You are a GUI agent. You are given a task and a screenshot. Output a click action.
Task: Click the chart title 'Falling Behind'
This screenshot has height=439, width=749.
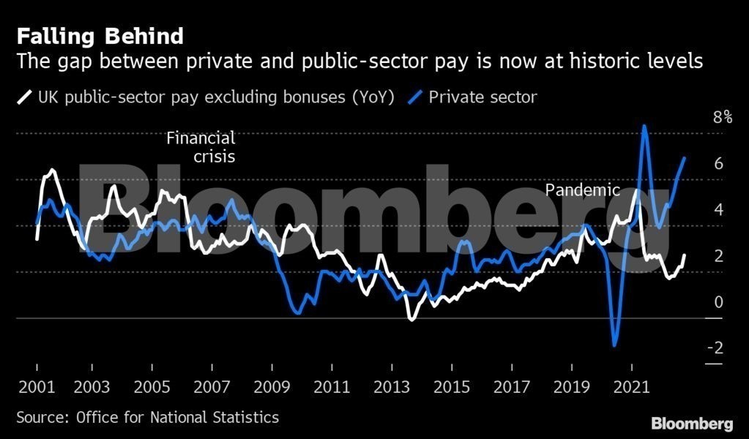[100, 36]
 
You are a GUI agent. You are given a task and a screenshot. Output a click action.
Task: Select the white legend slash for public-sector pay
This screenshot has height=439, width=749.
[24, 97]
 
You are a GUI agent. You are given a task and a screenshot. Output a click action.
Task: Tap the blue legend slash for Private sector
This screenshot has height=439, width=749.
[416, 97]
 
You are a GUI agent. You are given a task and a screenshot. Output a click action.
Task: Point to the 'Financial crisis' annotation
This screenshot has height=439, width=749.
[201, 146]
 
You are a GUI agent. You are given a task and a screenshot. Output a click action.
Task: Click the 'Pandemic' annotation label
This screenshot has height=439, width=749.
[583, 190]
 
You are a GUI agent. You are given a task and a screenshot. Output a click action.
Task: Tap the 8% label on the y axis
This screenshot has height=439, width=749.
[722, 117]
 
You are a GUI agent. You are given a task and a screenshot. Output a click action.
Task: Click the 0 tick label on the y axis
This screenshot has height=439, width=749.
[718, 301]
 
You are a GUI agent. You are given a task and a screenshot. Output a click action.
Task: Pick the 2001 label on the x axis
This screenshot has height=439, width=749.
[37, 386]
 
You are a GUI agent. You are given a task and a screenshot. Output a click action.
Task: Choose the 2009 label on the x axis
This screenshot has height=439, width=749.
[272, 386]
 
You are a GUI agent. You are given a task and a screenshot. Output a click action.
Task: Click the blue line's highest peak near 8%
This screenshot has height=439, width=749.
[644, 127]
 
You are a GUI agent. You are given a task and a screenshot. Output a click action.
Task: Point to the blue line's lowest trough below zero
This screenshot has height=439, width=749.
[614, 345]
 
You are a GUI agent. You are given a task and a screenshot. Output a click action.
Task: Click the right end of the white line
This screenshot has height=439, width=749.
[685, 255]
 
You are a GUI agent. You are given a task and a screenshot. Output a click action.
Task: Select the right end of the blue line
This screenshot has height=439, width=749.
[685, 158]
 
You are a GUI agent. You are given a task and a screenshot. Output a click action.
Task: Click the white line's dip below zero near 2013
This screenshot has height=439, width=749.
[411, 319]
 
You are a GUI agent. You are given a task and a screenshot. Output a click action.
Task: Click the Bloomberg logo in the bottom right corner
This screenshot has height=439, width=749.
[692, 424]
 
